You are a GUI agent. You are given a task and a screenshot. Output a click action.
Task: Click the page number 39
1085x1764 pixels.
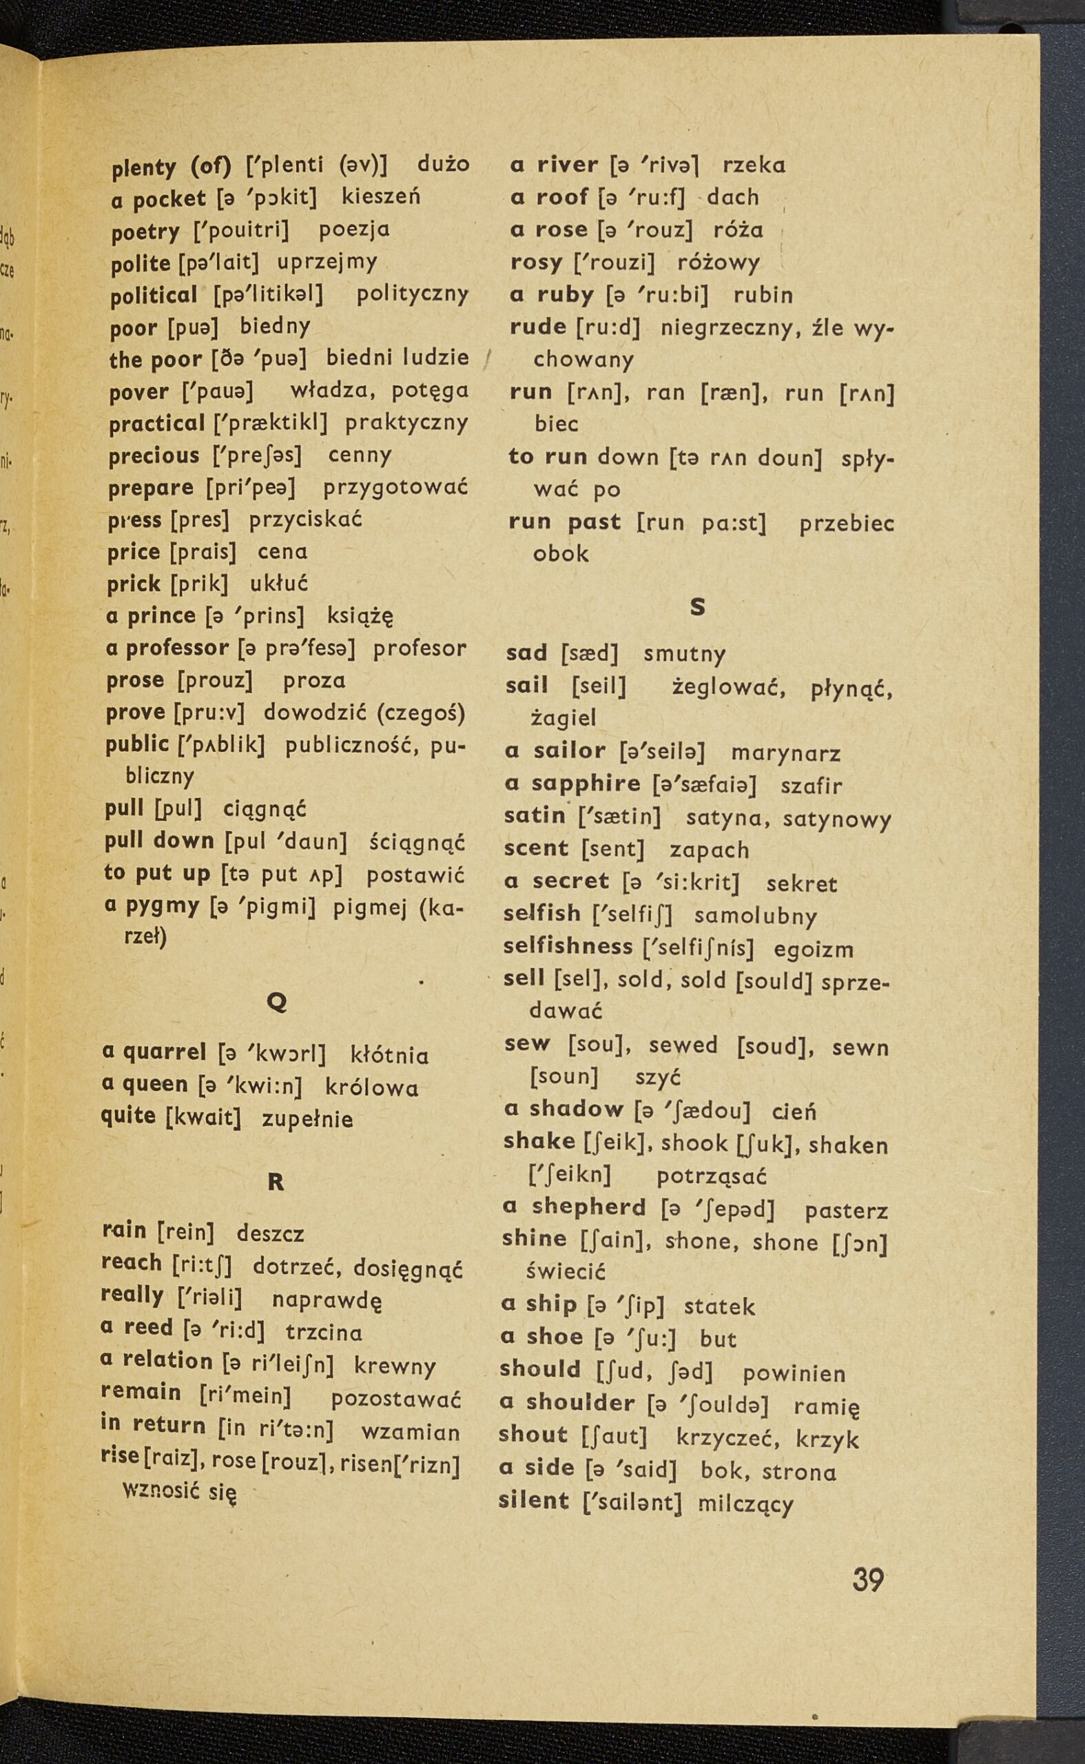(x=868, y=1581)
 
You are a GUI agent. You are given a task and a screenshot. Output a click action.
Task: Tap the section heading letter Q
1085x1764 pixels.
(x=276, y=1003)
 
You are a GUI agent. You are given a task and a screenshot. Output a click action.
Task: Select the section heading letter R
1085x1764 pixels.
(x=276, y=1182)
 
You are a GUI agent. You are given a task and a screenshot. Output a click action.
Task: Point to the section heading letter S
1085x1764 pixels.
(x=696, y=607)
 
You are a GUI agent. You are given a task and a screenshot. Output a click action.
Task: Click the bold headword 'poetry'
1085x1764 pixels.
(x=145, y=232)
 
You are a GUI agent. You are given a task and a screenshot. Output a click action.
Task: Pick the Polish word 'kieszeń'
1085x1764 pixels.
(x=381, y=196)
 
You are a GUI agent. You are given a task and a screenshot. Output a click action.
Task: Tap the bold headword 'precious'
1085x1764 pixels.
(x=154, y=455)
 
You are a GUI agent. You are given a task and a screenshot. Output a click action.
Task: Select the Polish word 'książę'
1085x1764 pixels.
(x=360, y=617)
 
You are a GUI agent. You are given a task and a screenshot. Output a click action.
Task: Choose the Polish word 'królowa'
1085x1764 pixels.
(x=372, y=1087)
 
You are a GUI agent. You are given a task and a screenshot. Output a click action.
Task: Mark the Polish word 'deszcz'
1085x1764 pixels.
(x=271, y=1233)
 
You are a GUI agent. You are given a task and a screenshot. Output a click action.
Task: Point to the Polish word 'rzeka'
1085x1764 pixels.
(x=754, y=165)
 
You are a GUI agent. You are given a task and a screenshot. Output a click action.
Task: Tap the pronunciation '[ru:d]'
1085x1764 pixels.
(x=608, y=327)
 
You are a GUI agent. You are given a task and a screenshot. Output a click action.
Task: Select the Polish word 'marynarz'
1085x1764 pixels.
(x=785, y=754)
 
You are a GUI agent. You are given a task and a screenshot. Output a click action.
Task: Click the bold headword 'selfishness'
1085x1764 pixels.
(x=568, y=947)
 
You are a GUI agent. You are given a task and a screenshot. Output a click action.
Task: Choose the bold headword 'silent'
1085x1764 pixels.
(x=534, y=1500)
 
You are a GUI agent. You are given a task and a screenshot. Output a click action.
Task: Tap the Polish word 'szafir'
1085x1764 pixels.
(x=811, y=786)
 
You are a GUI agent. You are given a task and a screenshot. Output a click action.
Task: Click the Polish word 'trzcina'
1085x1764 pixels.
(x=324, y=1333)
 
